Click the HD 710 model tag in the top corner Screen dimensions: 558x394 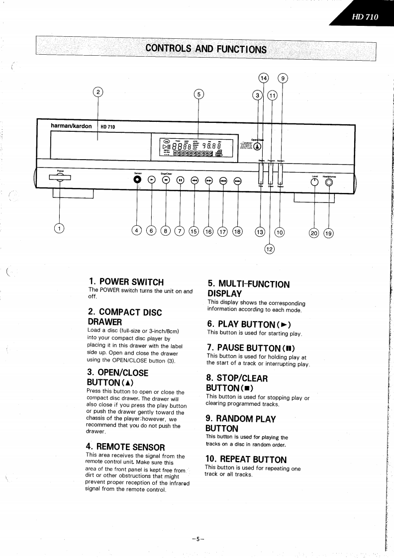(x=365, y=17)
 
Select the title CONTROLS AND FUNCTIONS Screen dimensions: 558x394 (x=206, y=49)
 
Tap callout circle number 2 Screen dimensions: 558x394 (x=98, y=92)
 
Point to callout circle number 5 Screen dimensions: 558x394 (x=198, y=94)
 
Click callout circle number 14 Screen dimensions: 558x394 (x=263, y=78)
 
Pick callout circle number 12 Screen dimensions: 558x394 (x=270, y=249)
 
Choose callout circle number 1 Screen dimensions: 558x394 (x=60, y=229)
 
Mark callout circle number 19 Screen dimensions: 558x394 (x=328, y=232)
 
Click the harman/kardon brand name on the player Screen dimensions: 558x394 (x=71, y=126)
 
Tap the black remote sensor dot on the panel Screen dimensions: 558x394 (x=138, y=181)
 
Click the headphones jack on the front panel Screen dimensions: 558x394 (x=329, y=182)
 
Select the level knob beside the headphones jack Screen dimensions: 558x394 (x=314, y=182)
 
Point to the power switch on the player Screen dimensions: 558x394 (x=60, y=179)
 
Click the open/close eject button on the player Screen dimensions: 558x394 (x=257, y=146)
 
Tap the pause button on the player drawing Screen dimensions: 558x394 (x=181, y=181)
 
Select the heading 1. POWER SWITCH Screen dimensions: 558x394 (x=126, y=282)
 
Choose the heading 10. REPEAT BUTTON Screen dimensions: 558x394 (x=246, y=459)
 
